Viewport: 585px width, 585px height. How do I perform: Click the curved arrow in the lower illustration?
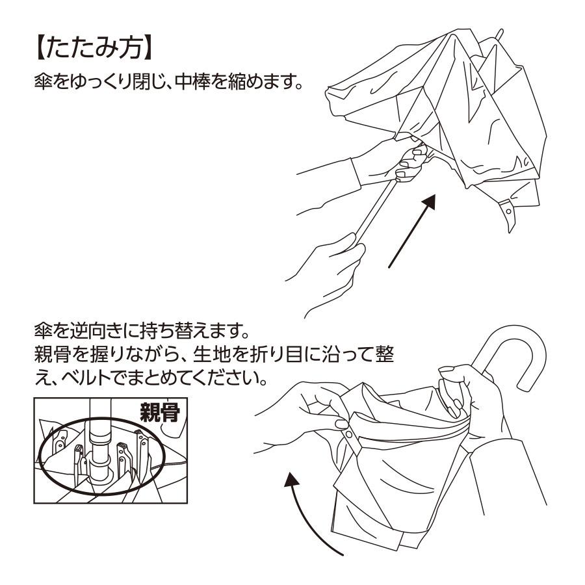[x=305, y=513]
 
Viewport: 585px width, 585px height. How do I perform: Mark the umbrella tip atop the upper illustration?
[x=498, y=34]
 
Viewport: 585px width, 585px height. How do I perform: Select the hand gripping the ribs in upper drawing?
[x=406, y=162]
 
